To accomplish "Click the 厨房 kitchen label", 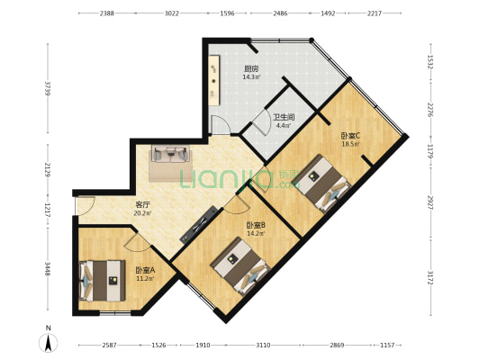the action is (251, 68).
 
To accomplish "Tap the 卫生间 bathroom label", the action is (284, 117).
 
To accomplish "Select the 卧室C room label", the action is (350, 136).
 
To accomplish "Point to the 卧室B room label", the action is (256, 225).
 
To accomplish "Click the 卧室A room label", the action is (145, 270).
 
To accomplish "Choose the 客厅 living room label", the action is (142, 204).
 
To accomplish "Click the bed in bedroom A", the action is (103, 281).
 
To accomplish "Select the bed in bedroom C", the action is (322, 183).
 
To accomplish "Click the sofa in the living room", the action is (170, 153).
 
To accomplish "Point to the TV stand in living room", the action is (199, 225).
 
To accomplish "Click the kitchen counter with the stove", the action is (214, 80).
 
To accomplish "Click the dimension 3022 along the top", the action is (172, 13).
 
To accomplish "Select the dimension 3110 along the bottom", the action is (263, 345).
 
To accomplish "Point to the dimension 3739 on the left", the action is (47, 88).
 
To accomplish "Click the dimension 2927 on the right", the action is (431, 202).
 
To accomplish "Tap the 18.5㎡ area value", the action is (350, 144).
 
